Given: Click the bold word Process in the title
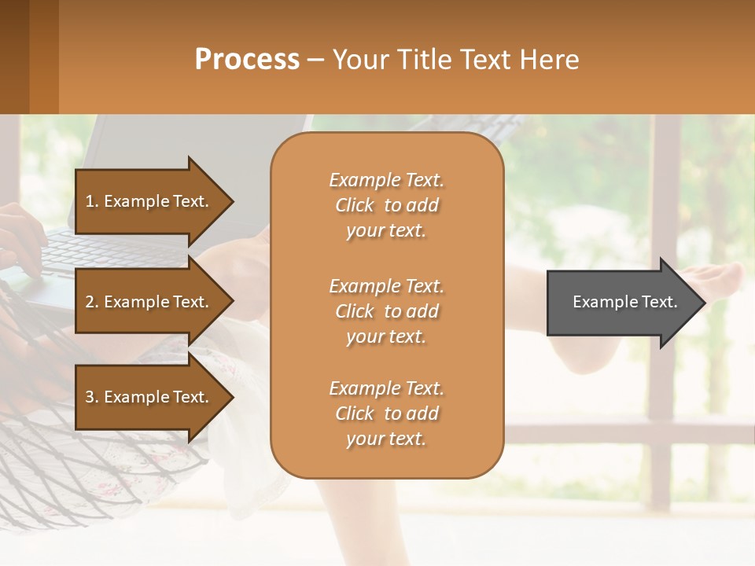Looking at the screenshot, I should pos(247,60).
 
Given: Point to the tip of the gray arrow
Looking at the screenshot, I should pos(702,303).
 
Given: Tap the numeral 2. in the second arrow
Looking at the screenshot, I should pos(91,302).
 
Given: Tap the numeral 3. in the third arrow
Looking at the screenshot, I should pos(91,397).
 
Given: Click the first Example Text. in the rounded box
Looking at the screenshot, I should pos(386,180).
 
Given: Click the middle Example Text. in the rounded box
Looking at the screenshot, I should pos(386,286).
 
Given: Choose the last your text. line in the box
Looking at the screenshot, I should pos(386,439).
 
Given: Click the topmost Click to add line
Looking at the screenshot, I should pos(386,205).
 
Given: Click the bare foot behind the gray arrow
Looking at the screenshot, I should pos(720,279).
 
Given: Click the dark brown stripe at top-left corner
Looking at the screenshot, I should pos(14,57).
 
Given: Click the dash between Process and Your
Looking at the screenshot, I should pos(315,60).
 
